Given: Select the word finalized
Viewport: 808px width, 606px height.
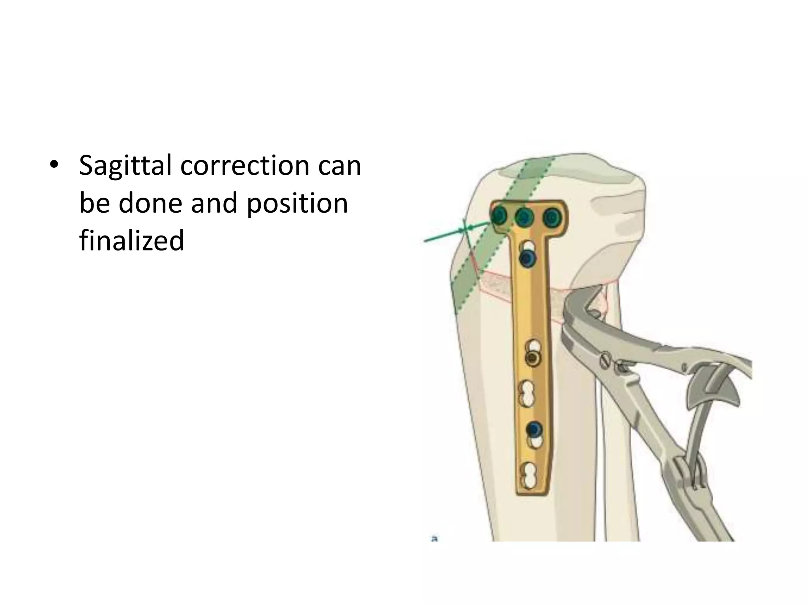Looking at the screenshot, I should point(131,240).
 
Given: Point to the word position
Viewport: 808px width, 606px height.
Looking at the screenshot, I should point(297,204).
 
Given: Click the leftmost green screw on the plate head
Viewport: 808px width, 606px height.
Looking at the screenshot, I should point(499,216).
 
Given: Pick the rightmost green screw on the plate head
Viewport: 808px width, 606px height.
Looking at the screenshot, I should point(552,217).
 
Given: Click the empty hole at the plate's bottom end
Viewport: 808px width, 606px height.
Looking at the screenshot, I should point(528,475).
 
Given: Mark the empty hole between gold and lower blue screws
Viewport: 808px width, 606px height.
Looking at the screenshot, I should point(527,394).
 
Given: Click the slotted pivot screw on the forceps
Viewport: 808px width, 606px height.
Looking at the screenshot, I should point(606,360).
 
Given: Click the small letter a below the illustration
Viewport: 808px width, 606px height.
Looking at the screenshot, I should point(434,538).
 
